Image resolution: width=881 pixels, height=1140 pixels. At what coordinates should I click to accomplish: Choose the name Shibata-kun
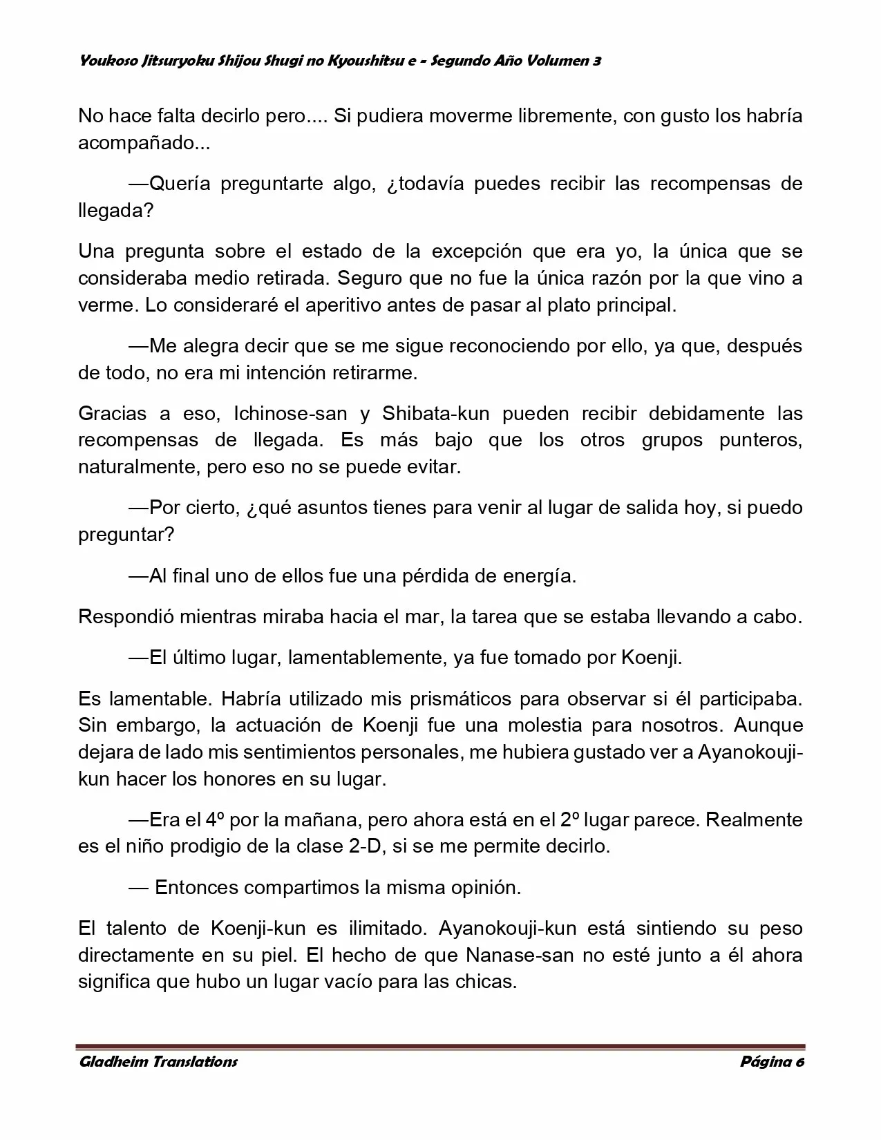tap(435, 413)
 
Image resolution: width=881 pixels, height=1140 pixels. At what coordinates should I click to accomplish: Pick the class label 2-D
tap(365, 846)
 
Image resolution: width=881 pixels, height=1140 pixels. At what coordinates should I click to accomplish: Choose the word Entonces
tap(198, 887)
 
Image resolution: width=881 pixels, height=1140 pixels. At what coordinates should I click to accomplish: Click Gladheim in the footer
tap(113, 1061)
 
